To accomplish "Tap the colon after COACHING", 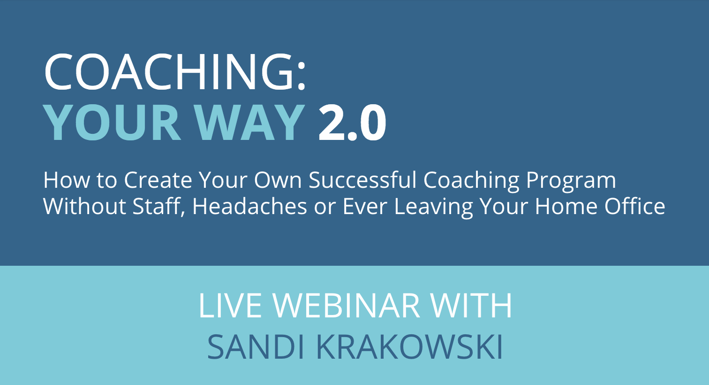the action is tap(302, 76).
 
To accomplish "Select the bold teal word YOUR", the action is tap(112, 123).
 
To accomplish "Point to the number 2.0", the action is tap(352, 123).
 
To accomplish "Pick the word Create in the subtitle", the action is tap(158, 180).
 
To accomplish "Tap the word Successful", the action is tap(362, 180).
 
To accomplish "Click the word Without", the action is tap(85, 206).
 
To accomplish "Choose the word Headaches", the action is tap(250, 206).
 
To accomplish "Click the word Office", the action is tap(634, 206).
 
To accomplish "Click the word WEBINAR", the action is tap(346, 306).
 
